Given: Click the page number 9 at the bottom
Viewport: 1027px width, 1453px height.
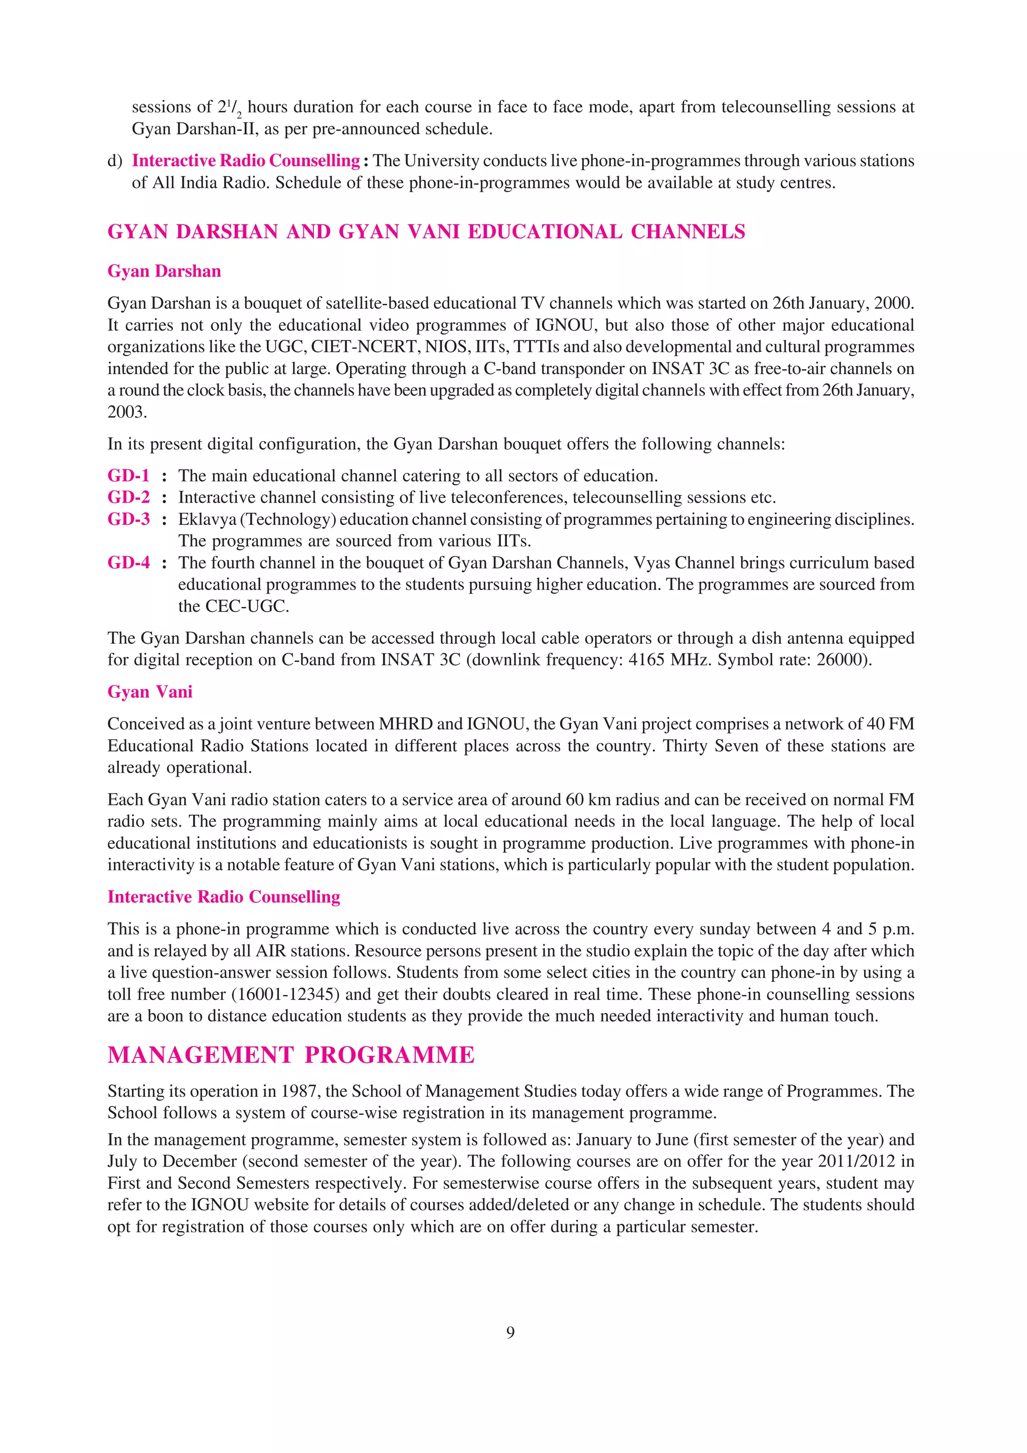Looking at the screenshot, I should pyautogui.click(x=510, y=1332).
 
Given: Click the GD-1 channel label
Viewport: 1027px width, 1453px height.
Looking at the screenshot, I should pyautogui.click(x=128, y=475).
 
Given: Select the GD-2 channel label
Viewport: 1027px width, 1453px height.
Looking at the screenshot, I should pyautogui.click(x=128, y=497).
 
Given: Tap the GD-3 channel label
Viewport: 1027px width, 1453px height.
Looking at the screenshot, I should pyautogui.click(x=128, y=519).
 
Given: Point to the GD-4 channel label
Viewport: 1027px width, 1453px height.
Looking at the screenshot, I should pyautogui.click(x=128, y=562).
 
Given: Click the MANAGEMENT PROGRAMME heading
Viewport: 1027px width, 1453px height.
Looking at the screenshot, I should pyautogui.click(x=291, y=1055).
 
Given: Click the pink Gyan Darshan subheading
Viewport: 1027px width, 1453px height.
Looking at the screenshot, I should pyautogui.click(x=164, y=271).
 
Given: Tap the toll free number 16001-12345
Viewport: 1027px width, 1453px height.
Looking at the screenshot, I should pyautogui.click(x=285, y=994).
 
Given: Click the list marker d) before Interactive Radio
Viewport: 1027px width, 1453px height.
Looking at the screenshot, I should pyautogui.click(x=114, y=161).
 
